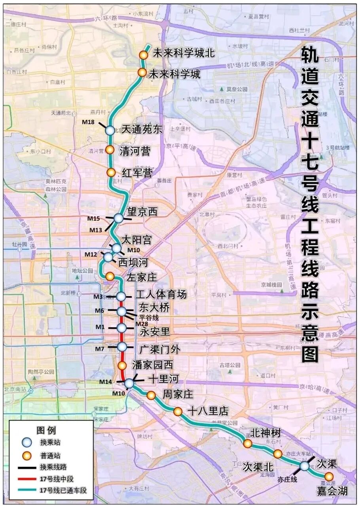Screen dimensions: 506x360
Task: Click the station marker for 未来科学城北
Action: pos(144,55)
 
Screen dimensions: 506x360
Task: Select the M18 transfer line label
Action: pos(91,122)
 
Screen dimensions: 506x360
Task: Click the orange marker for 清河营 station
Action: pos(110,150)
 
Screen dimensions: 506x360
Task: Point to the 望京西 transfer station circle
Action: pos(119,218)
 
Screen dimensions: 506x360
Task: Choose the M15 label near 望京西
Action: pos(94,219)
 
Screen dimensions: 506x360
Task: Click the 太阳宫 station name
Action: pos(136,240)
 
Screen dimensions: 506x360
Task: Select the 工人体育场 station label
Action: pos(161,295)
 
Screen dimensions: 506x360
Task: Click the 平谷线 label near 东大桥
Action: pos(148,317)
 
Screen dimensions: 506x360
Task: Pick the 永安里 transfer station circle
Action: pos(121,328)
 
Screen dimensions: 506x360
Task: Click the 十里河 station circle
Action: pos(129,383)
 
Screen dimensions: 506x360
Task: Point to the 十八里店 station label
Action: pos(208,411)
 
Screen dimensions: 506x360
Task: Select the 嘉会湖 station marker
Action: pos(329,477)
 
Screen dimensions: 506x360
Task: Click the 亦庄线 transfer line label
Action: pos(287,479)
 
